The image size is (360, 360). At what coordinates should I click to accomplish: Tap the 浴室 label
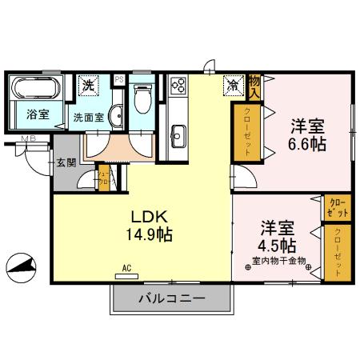(38, 114)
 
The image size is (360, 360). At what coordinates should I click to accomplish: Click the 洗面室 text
(90, 116)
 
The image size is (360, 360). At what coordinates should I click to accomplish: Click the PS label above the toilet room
(119, 79)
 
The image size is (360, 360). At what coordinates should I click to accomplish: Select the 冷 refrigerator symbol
(233, 83)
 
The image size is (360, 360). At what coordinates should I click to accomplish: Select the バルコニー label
(173, 300)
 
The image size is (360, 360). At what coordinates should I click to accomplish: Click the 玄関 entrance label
(66, 162)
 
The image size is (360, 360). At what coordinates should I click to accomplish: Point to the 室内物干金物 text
(279, 261)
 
